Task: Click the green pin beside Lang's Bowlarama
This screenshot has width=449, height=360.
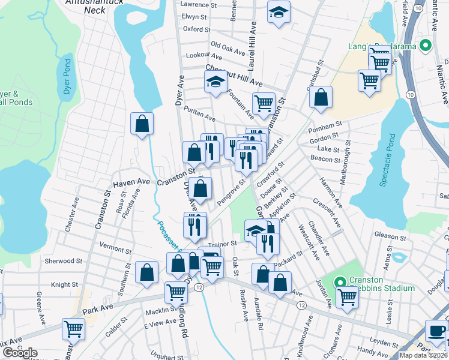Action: click(426, 46)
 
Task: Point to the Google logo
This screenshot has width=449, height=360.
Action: click(19, 353)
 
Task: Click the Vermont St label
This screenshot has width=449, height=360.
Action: click(115, 248)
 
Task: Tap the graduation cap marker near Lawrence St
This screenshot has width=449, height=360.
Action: click(279, 13)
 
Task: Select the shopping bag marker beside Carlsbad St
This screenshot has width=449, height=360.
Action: click(322, 97)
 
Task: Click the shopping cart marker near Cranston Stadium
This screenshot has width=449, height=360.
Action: click(347, 296)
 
